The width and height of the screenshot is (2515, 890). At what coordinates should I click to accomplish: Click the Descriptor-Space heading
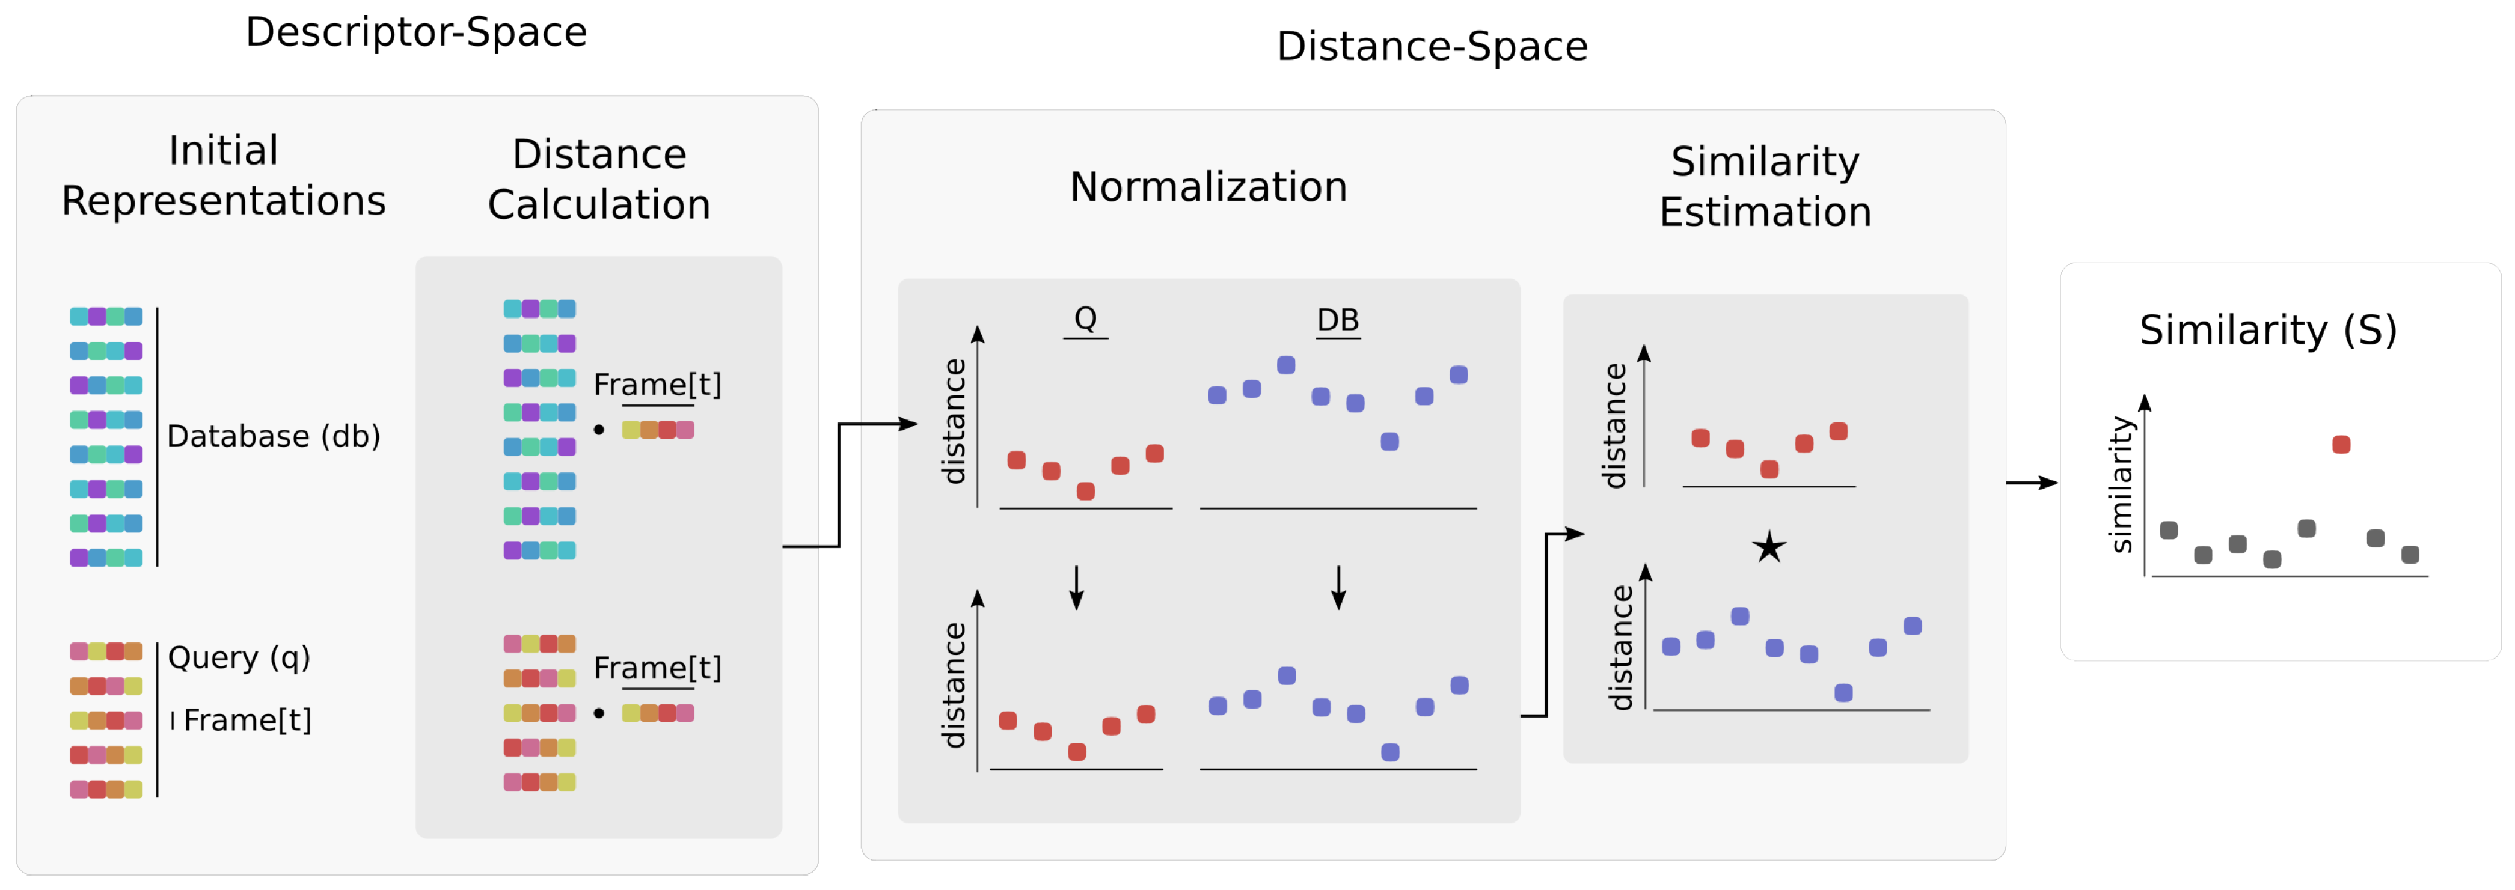[x=416, y=32]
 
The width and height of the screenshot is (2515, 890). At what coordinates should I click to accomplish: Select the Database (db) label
[x=274, y=436]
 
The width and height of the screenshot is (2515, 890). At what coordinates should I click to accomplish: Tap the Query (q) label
[x=239, y=658]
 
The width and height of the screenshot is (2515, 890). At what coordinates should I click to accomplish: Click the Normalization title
[x=1208, y=186]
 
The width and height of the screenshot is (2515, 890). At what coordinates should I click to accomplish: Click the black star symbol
[x=1768, y=547]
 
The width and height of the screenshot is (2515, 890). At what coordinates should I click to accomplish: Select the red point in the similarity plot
[x=2340, y=445]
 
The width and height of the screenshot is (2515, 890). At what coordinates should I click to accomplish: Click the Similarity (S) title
[x=2267, y=330]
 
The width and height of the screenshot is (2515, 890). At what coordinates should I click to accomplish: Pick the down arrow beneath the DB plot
[x=1338, y=588]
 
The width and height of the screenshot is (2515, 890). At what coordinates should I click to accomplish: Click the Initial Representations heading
[x=224, y=175]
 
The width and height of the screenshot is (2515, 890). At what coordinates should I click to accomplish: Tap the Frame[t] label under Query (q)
[x=248, y=720]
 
